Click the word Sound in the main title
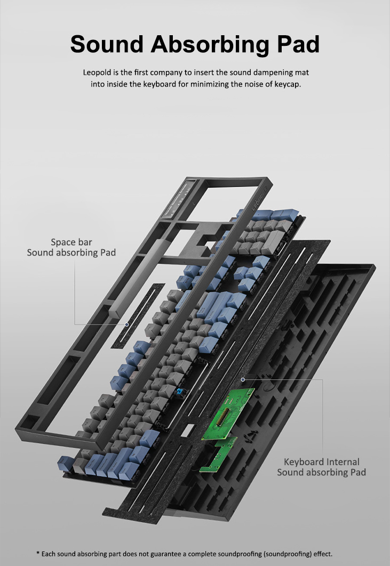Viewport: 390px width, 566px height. point(107,44)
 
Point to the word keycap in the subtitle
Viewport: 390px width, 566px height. point(287,85)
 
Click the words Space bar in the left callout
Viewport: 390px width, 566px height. point(71,242)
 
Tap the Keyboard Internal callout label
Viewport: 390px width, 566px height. point(321,461)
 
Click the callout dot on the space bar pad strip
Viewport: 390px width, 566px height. point(127,324)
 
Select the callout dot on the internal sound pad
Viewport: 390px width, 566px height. point(243,379)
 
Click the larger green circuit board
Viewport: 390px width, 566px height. point(228,413)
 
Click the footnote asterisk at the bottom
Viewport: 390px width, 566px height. point(38,553)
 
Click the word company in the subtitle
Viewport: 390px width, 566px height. point(166,73)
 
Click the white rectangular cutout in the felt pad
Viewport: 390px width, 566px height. point(187,431)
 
